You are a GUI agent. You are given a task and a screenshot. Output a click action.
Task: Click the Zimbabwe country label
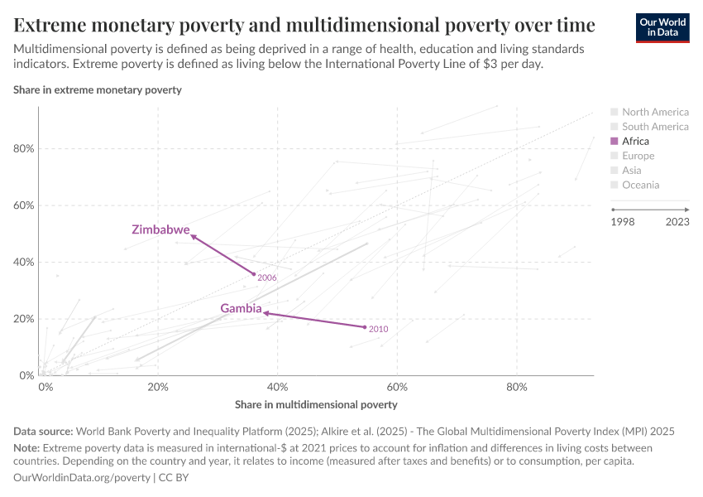pos(160,229)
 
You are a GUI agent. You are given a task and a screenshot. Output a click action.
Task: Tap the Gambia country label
pos(241,308)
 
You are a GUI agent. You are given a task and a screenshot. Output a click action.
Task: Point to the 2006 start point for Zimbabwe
pos(254,274)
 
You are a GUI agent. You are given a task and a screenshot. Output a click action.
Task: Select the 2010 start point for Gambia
pos(365,327)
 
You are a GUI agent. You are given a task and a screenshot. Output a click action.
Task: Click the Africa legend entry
pos(635,142)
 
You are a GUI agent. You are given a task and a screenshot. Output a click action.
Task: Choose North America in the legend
pos(654,112)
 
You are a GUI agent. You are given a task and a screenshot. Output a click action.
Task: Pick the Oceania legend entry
pos(640,186)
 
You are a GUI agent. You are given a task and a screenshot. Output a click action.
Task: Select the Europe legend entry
pos(638,156)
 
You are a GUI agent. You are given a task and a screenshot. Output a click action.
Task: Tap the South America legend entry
pos(654,127)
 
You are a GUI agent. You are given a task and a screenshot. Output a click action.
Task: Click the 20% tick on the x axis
pos(158,387)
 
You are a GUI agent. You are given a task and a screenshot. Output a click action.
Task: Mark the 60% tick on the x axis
pos(398,387)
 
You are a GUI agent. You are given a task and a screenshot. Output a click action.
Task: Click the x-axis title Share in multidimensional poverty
pos(316,405)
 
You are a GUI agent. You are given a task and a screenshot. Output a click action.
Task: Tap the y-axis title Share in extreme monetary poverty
pos(98,89)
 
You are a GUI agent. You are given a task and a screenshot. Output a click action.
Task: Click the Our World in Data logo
pos(662,27)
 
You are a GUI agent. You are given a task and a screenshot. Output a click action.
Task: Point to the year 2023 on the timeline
pos(677,221)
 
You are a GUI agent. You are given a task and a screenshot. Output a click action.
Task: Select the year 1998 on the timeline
pos(624,221)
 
